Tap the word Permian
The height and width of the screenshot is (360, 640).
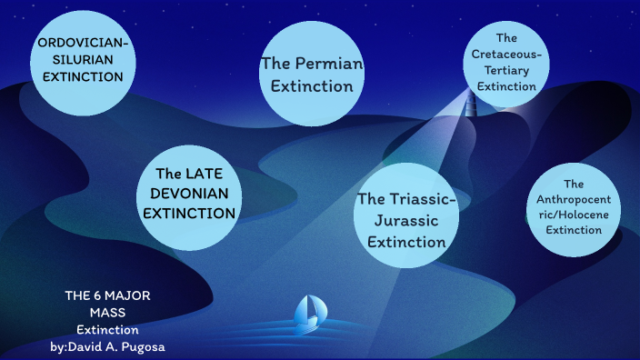(330, 65)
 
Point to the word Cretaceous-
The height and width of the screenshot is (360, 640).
(507, 55)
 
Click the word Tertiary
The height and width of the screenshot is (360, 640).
(507, 71)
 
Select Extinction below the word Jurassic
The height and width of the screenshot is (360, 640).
(401, 243)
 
